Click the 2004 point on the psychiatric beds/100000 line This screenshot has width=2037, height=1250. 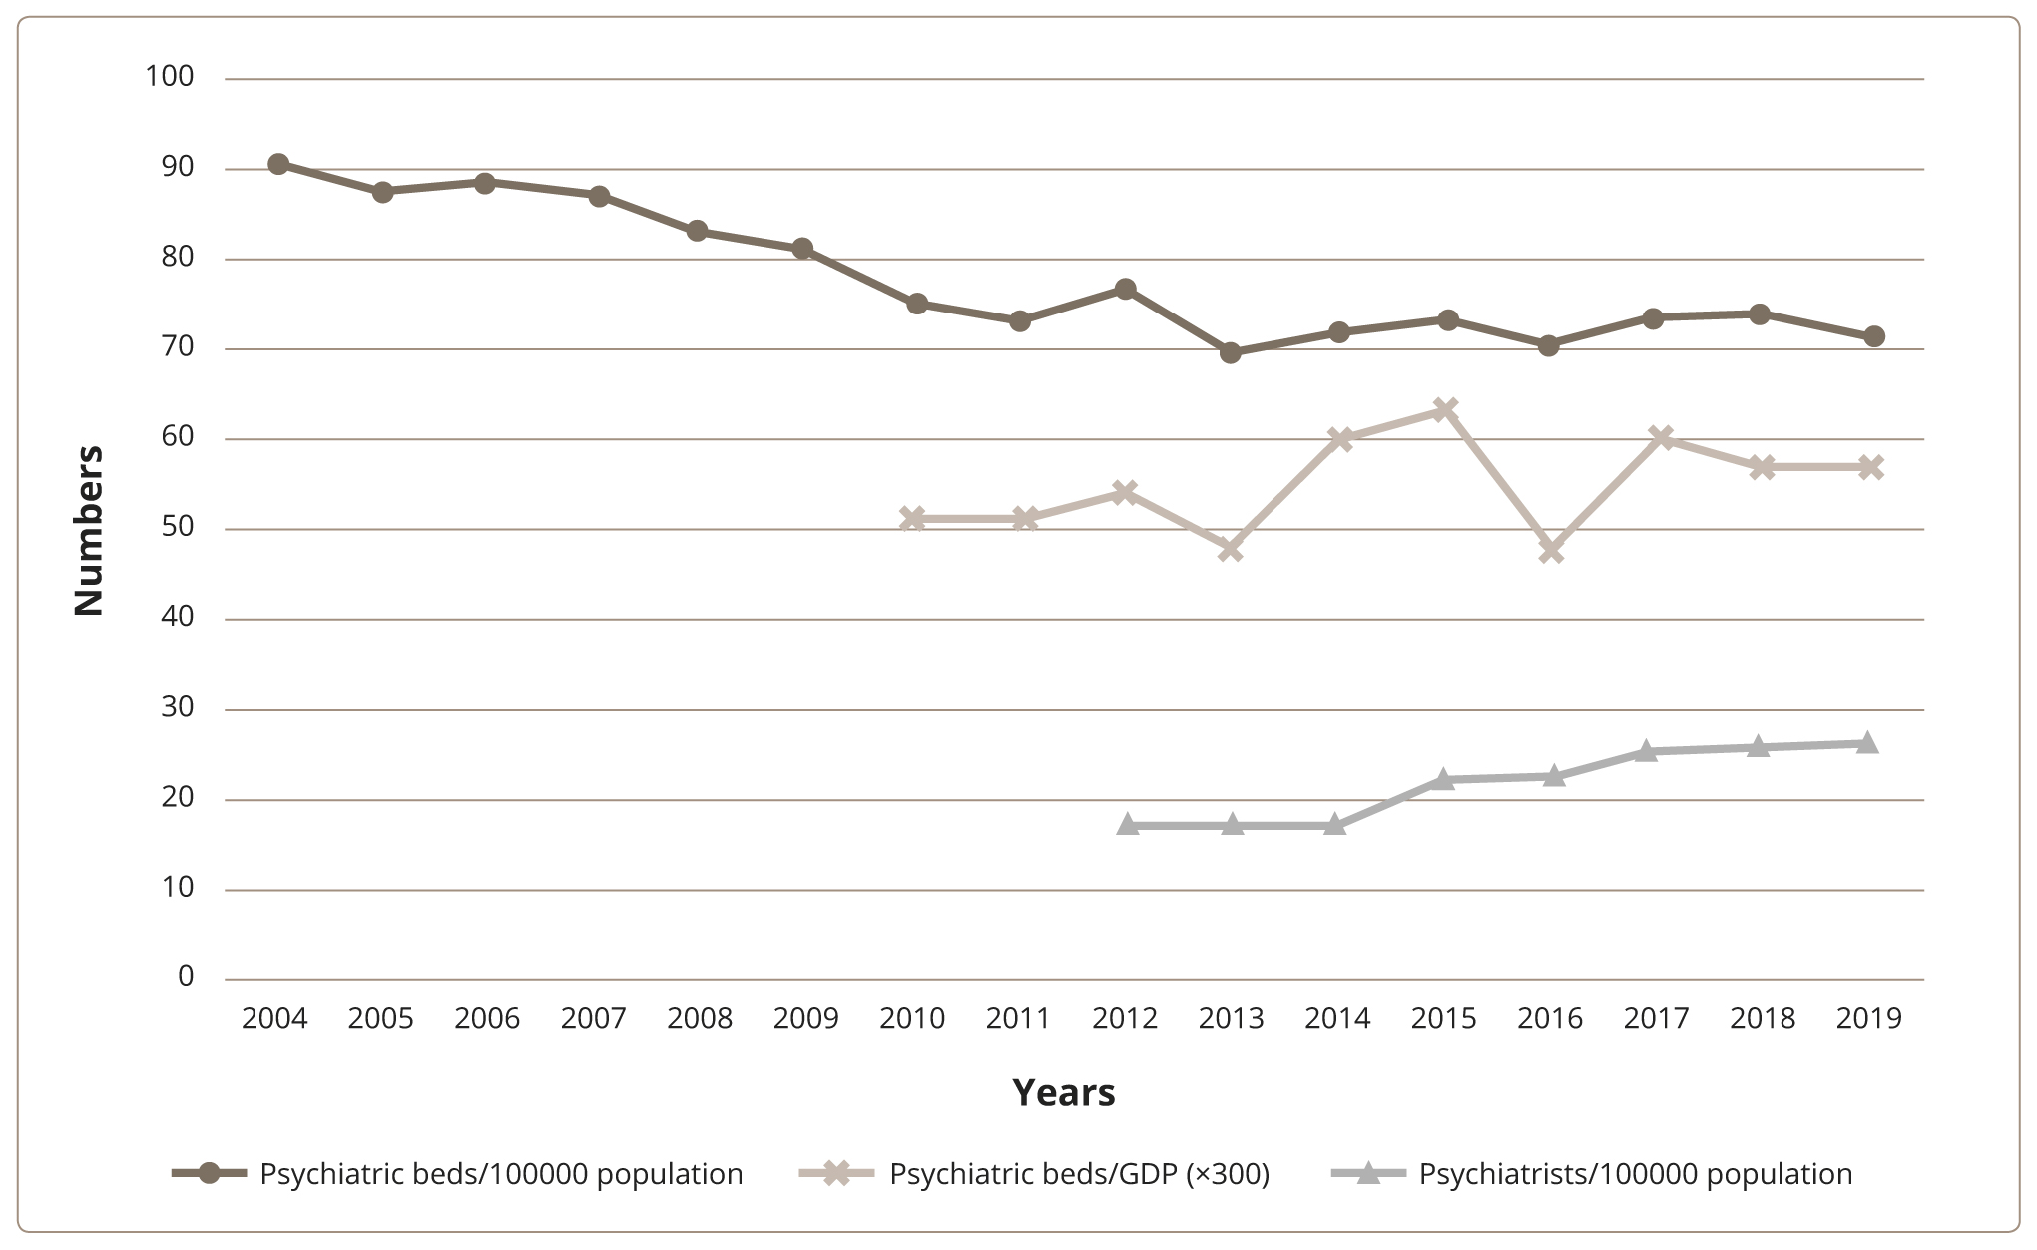pyautogui.click(x=278, y=164)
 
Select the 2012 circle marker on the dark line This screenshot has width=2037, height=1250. pyautogui.click(x=1125, y=290)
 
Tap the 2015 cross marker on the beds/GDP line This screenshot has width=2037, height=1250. pyautogui.click(x=1445, y=409)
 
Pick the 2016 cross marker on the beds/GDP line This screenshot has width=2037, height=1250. pyautogui.click(x=1550, y=550)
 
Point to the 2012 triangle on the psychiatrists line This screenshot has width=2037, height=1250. pyautogui.click(x=1128, y=825)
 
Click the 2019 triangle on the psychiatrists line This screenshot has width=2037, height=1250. pyautogui.click(x=1867, y=743)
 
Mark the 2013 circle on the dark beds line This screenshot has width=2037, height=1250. pyautogui.click(x=1230, y=352)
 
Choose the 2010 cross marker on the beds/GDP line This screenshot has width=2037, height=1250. pyautogui.click(x=912, y=518)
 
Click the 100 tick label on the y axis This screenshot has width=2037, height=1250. pyautogui.click(x=169, y=76)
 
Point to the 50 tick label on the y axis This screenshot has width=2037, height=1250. pyautogui.click(x=177, y=527)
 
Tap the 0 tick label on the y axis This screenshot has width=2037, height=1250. pyautogui.click(x=186, y=977)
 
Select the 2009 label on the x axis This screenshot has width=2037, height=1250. pyautogui.click(x=805, y=1018)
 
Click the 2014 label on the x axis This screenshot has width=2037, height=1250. pyautogui.click(x=1337, y=1018)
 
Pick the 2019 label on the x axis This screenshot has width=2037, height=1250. pyautogui.click(x=1868, y=1018)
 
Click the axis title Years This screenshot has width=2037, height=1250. pyautogui.click(x=1063, y=1093)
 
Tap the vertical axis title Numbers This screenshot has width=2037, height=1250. pyautogui.click(x=89, y=530)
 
